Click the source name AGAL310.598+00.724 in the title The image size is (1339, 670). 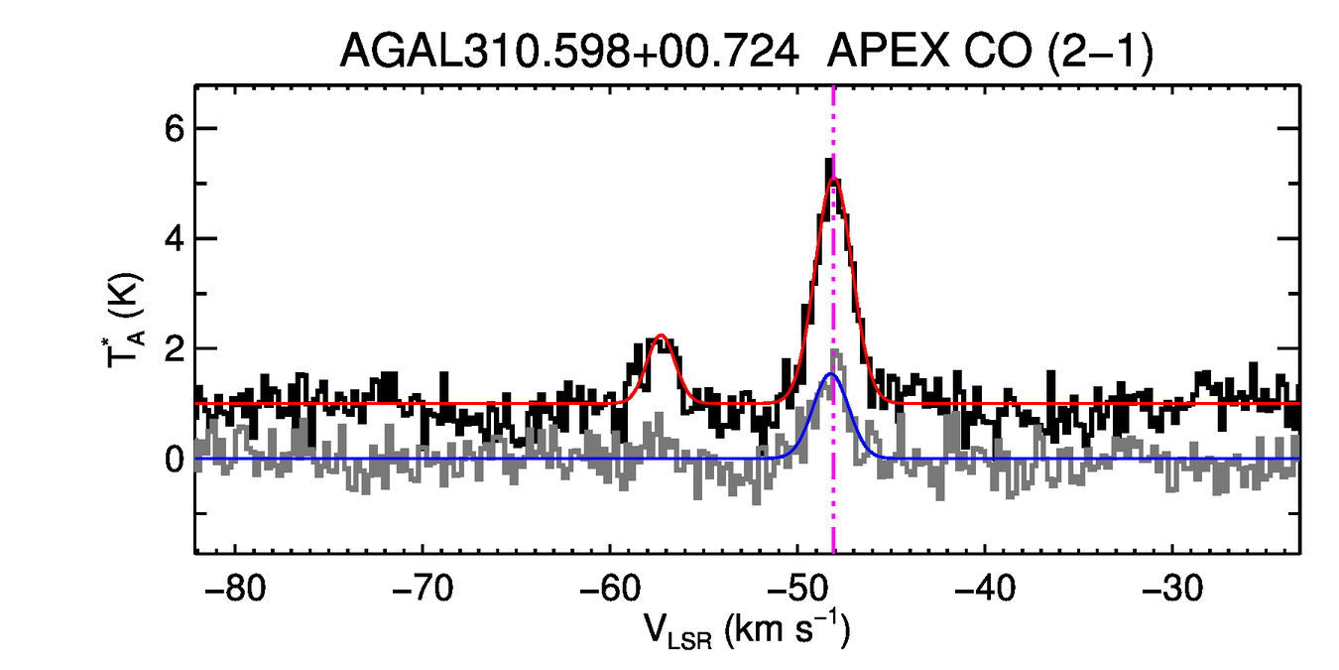click(569, 51)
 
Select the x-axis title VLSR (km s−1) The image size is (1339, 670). click(746, 630)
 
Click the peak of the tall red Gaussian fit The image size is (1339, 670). click(833, 180)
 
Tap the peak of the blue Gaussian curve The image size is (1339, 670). click(831, 374)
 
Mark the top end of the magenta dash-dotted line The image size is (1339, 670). click(833, 89)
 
